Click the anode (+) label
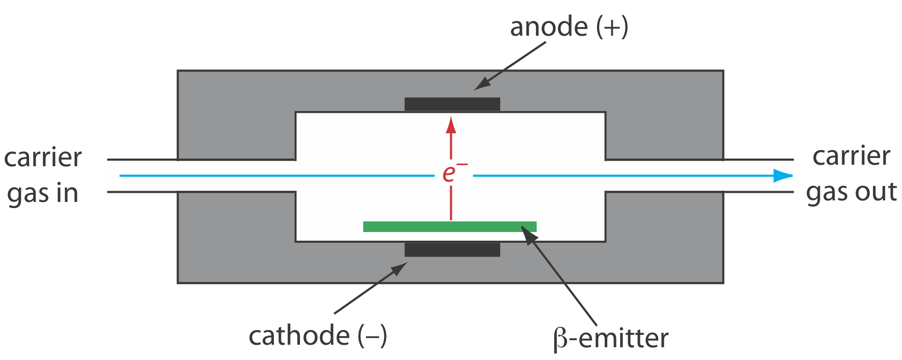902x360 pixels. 569,27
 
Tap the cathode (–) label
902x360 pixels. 317,336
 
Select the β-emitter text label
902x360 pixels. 610,339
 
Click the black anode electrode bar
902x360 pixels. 452,104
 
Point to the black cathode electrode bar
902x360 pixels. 452,250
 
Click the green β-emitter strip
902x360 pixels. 449,226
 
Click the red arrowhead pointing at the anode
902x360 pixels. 451,125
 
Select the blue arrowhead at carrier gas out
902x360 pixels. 783,175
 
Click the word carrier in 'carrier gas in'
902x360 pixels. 43,158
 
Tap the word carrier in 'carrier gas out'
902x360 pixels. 851,156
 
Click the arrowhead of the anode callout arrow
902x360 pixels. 480,86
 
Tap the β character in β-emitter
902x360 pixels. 559,340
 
